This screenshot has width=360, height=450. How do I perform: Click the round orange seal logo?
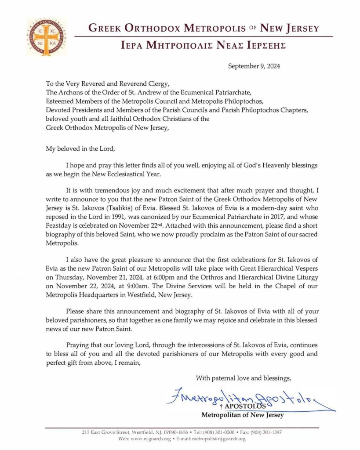pos(47,37)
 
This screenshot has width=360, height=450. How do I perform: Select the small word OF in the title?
pos(252,28)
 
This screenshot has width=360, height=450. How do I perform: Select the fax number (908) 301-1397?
pos(264,432)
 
